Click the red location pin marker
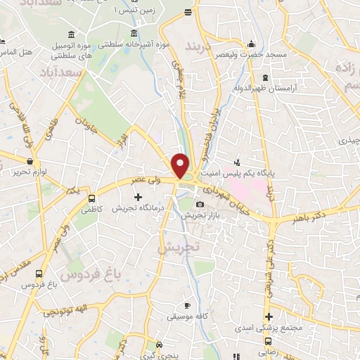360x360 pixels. coord(181,165)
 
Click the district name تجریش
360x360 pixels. coord(179,248)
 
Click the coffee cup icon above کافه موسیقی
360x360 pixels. coord(186,305)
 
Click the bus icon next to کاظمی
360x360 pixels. coord(92,198)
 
